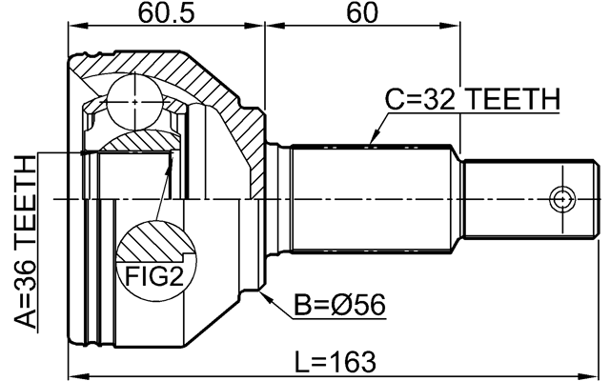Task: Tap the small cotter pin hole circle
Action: click(562, 200)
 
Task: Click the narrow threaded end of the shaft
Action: click(519, 200)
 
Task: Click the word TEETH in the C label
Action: click(511, 99)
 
